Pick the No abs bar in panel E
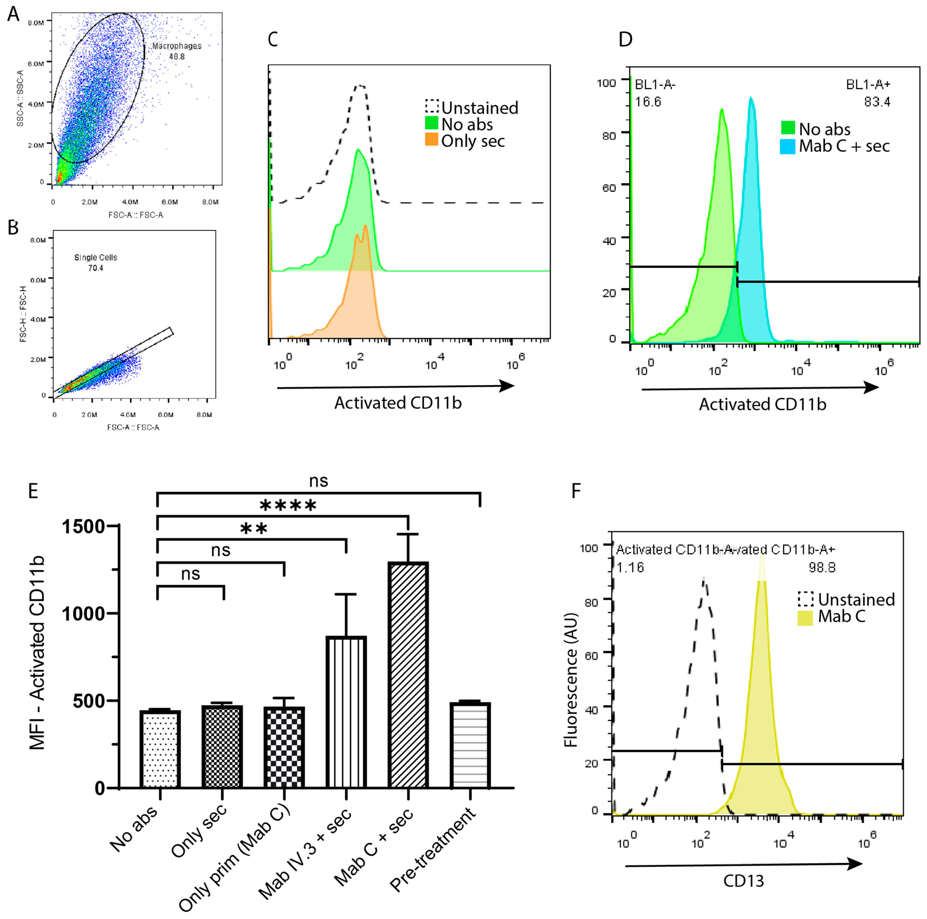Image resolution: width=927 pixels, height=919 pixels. tap(160, 749)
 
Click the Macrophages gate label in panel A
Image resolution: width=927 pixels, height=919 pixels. tap(176, 46)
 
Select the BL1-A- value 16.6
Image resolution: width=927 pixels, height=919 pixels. tap(648, 102)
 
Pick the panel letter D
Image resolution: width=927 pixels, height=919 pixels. tap(625, 39)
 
